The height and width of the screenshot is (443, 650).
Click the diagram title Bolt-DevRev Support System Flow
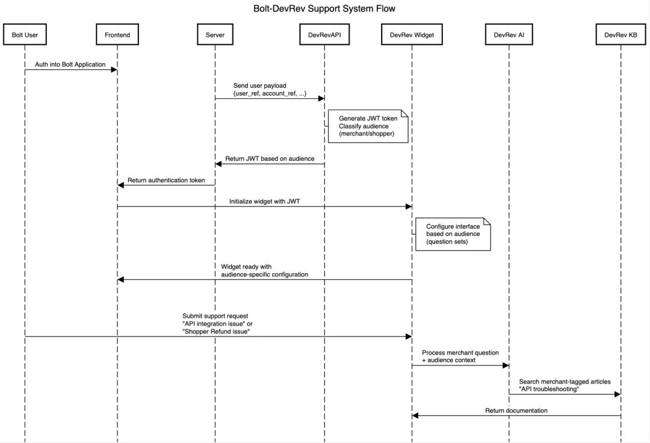tap(324, 8)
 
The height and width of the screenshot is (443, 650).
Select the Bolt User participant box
tap(25, 35)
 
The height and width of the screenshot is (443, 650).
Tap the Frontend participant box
tap(117, 35)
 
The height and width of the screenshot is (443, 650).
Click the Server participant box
tap(215, 35)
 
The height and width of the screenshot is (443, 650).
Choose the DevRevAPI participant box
tap(324, 35)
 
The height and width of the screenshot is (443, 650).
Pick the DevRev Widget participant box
tap(412, 35)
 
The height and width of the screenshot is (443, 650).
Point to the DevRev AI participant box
tap(509, 35)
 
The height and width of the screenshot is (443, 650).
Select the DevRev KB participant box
tap(621, 35)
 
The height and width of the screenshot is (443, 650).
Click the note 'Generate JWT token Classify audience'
tap(368, 126)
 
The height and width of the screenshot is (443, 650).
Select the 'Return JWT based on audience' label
tap(270, 159)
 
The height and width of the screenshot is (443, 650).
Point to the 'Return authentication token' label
tap(166, 180)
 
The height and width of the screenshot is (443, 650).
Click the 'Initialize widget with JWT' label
tap(264, 202)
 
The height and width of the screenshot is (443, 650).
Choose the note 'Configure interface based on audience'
tap(453, 235)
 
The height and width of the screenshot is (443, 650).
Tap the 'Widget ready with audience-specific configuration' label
tap(264, 270)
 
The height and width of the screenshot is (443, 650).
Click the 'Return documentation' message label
tap(516, 410)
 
